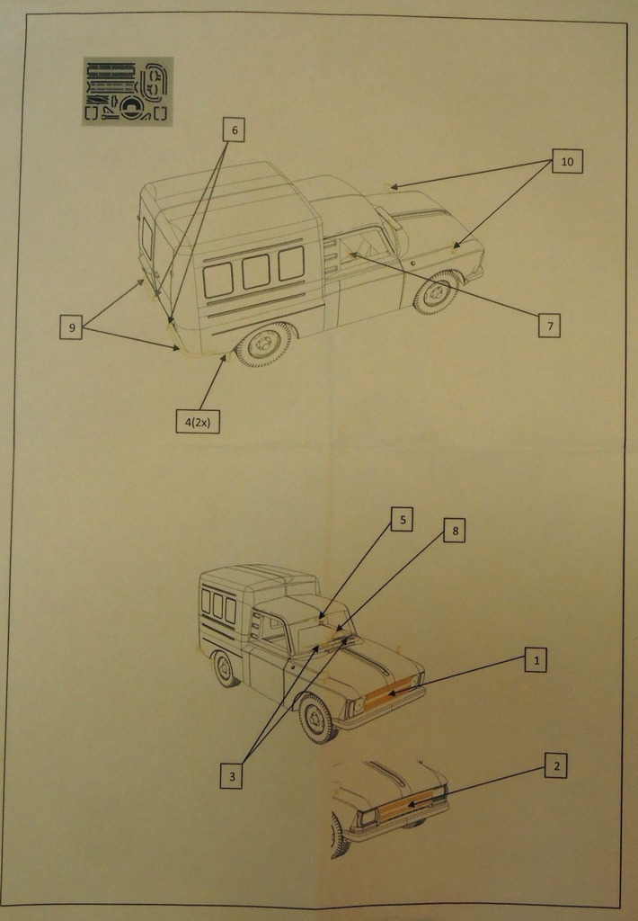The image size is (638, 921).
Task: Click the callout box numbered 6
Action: click(234, 130)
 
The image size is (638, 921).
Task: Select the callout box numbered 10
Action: click(567, 161)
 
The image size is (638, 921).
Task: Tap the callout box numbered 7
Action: click(549, 326)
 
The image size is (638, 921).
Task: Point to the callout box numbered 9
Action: click(72, 327)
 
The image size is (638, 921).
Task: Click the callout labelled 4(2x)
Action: click(197, 421)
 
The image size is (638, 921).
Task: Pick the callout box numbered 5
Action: click(402, 519)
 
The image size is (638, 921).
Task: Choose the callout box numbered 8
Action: click(455, 531)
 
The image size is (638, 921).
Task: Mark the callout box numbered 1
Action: click(536, 660)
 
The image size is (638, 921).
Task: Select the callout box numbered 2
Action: click(555, 766)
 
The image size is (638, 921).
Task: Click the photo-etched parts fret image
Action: click(128, 92)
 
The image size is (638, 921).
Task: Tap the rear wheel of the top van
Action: click(263, 344)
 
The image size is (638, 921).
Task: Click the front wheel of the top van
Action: click(438, 292)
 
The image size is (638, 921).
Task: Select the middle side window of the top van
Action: click(256, 272)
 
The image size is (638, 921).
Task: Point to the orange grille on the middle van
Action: click(392, 692)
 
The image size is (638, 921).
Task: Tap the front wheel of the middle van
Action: click(317, 718)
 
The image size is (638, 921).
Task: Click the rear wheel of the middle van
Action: click(225, 669)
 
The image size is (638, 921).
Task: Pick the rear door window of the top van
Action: click(146, 237)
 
